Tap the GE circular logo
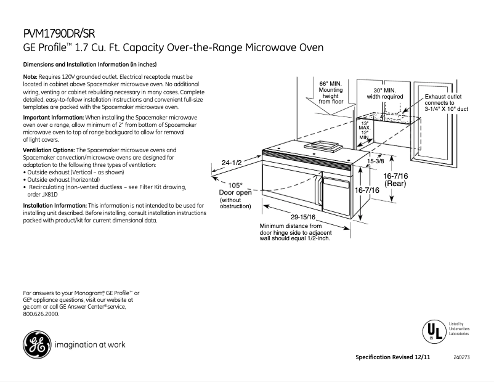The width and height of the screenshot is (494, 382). click(x=35, y=344)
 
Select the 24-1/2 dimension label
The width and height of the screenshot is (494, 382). click(x=233, y=163)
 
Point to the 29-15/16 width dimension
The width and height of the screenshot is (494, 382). click(x=303, y=217)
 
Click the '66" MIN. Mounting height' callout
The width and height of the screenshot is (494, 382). click(x=331, y=92)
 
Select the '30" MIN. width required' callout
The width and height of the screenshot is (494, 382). click(x=385, y=93)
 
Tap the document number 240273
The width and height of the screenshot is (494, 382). click(x=460, y=358)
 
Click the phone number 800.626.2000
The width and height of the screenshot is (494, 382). click(x=41, y=314)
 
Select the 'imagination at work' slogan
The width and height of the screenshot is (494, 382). click(x=90, y=344)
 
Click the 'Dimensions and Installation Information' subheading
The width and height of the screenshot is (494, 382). click(x=90, y=64)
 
